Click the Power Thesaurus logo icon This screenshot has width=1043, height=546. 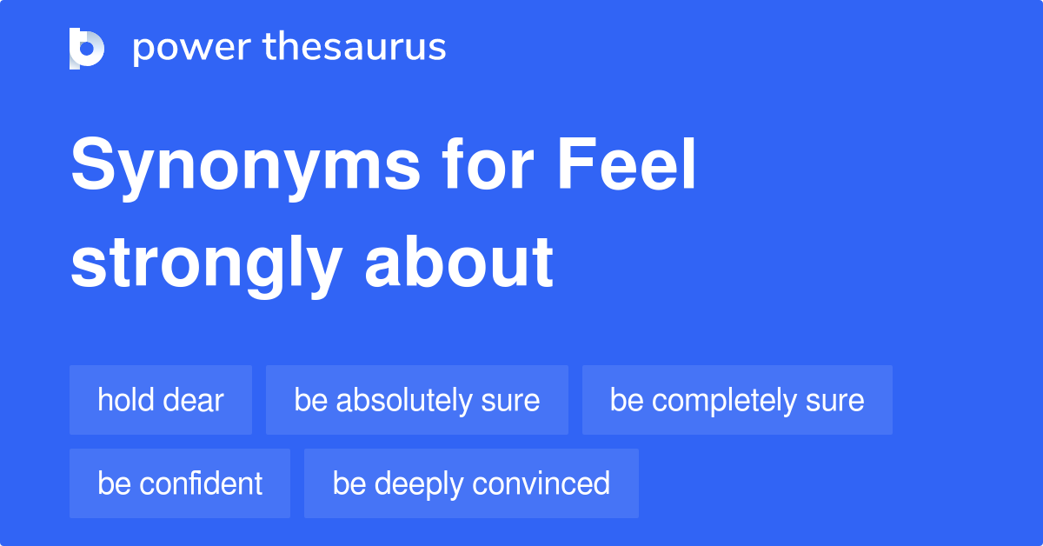pyautogui.click(x=87, y=48)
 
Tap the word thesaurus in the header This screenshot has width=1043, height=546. pyautogui.click(x=355, y=48)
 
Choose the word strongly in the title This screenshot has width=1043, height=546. pyautogui.click(x=205, y=263)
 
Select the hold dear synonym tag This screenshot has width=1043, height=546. pyautogui.click(x=161, y=400)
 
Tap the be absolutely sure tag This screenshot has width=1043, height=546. pyautogui.click(x=417, y=400)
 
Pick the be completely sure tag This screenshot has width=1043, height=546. pyautogui.click(x=737, y=400)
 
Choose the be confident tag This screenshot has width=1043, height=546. pyautogui.click(x=180, y=483)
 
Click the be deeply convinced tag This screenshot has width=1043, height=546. pyautogui.click(x=471, y=483)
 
